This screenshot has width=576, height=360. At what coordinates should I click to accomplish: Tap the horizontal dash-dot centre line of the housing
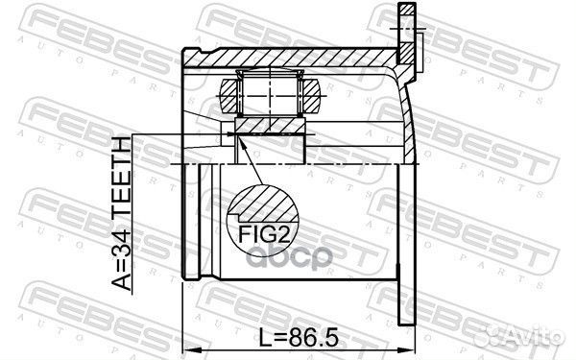coord(307,165)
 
